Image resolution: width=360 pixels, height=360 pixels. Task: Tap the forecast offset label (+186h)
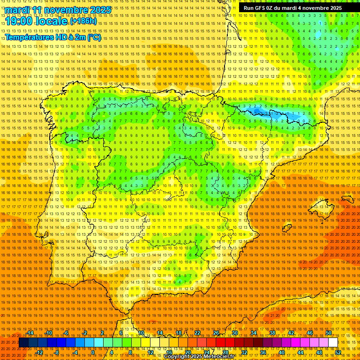[x=83, y=21]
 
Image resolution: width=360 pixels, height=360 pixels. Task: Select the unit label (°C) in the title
[x=93, y=37]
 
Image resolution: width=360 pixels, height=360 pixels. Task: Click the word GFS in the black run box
[x=261, y=8]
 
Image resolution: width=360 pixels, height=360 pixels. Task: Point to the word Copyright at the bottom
[x=177, y=357]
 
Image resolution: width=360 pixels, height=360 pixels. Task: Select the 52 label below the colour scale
[x=337, y=352]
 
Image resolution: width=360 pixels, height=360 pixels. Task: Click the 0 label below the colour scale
[x=93, y=352]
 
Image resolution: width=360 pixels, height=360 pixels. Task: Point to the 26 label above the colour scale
[x=216, y=333]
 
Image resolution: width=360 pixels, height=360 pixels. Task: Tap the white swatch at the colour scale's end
[x=333, y=343]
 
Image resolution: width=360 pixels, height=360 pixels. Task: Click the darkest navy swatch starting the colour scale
[x=23, y=343]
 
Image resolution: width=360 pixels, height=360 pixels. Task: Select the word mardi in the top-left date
[x=18, y=10]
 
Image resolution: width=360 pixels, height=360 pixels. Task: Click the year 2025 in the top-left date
[x=99, y=10]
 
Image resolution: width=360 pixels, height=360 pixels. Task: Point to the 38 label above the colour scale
[x=272, y=333]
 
